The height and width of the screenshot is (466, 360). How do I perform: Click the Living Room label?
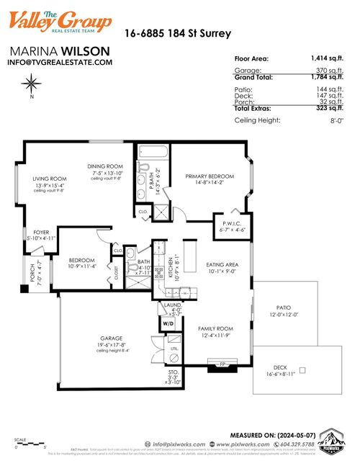point(50,179)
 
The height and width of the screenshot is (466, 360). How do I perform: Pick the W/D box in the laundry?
point(168,324)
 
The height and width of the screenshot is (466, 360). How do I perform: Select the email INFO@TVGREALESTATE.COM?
point(60,63)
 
